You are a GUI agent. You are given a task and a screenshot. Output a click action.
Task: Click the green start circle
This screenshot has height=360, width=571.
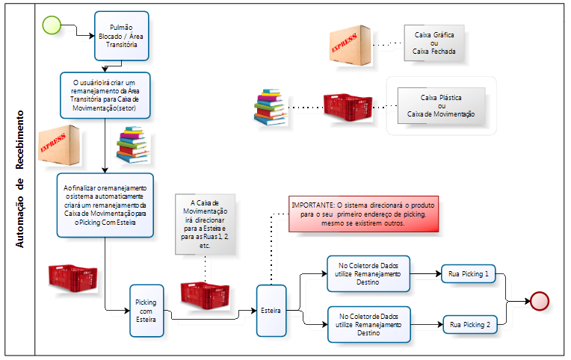[52, 24]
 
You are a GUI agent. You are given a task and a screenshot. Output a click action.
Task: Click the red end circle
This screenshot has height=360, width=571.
[539, 301]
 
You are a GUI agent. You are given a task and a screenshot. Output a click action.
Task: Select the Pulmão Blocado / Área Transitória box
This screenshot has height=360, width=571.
[122, 35]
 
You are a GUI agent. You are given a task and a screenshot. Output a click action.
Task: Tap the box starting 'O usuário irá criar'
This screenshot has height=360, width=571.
[106, 94]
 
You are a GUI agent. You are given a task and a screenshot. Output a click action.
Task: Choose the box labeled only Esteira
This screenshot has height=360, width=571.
[271, 310]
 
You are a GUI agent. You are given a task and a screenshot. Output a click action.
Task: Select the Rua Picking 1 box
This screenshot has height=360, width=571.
[469, 275]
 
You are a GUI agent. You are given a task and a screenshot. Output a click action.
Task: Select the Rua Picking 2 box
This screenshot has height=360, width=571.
[469, 325]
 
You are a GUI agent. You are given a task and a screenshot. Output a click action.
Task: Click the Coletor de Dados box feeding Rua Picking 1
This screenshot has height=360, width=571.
[368, 274]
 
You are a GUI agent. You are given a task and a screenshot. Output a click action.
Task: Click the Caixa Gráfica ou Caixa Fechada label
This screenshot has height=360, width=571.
[434, 43]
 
